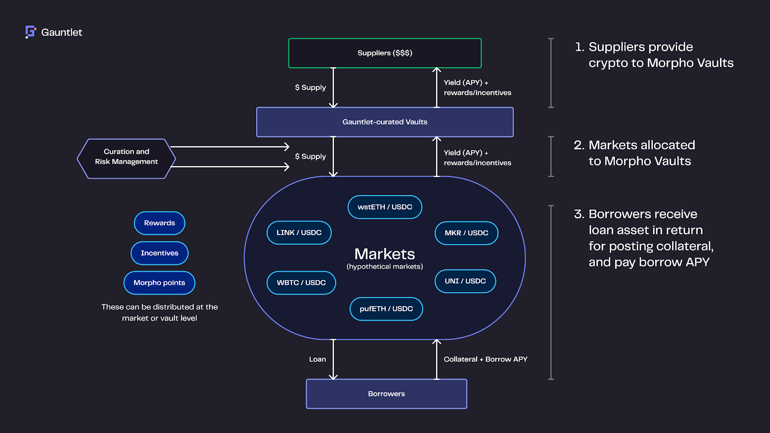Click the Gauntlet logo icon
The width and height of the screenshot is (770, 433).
tap(30, 32)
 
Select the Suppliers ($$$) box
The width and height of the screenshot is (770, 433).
tap(385, 53)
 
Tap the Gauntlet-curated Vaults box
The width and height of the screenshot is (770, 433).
tap(385, 122)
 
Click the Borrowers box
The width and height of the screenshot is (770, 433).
tap(386, 394)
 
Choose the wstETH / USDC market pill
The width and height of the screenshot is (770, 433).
tap(385, 207)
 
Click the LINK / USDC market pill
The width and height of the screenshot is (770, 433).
tap(299, 232)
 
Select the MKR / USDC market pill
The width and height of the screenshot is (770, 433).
tap(466, 233)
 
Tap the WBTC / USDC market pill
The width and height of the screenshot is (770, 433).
tap(301, 282)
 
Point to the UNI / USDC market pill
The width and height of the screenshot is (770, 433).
tap(465, 281)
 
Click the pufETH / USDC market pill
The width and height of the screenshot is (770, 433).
tap(386, 309)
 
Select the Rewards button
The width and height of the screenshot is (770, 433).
tap(159, 223)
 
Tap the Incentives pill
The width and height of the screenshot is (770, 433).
tap(159, 253)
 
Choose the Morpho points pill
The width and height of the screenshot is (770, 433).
tap(159, 283)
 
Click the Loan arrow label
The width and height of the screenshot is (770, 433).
tap(317, 359)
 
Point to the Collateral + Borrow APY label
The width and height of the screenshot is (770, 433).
tap(485, 359)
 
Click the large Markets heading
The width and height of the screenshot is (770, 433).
tap(385, 254)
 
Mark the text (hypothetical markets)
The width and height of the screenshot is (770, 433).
tap(385, 267)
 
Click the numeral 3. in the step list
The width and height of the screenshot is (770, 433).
tap(578, 214)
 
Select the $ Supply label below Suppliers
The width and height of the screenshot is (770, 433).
tap(310, 88)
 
